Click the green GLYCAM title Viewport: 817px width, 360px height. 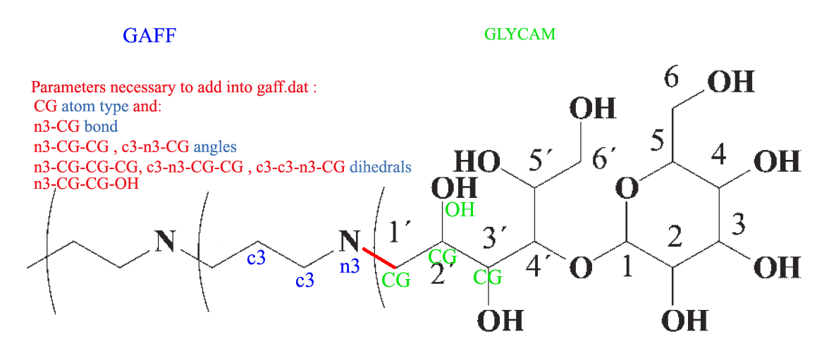click(x=520, y=33)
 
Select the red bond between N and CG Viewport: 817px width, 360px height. click(x=378, y=257)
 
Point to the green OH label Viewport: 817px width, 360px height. click(x=460, y=209)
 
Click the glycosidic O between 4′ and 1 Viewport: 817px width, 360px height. click(x=580, y=268)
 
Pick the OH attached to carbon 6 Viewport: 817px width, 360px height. click(x=730, y=82)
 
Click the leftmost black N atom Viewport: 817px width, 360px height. click(x=165, y=242)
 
